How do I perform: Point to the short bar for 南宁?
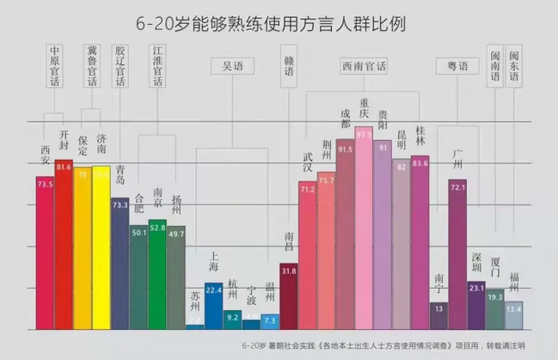(x=438, y=314)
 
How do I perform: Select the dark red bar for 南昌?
(x=289, y=296)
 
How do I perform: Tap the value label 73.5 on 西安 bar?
(x=45, y=183)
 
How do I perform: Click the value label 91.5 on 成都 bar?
(x=345, y=149)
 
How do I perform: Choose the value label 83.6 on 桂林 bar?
(x=420, y=162)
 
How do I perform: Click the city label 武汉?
(x=308, y=162)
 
